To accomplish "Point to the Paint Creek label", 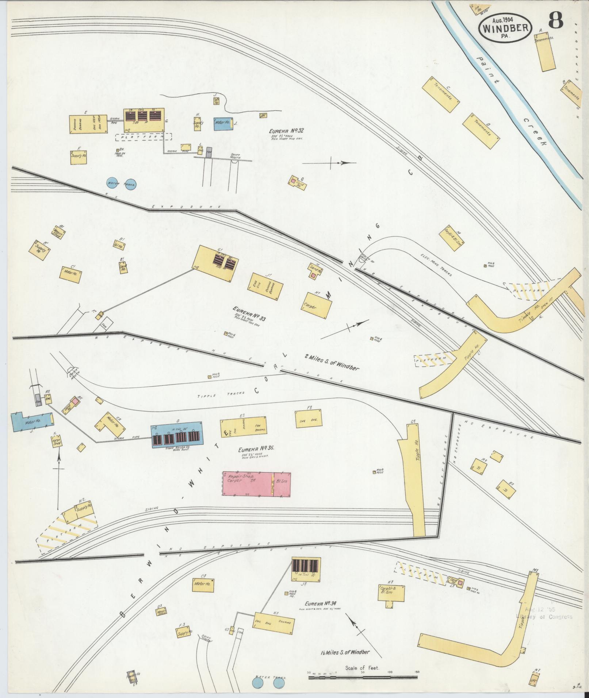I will tap(511, 99).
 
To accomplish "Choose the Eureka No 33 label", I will tap(250, 313).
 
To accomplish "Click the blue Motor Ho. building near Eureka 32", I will tap(222, 123).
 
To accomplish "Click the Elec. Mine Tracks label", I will tap(436, 264).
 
